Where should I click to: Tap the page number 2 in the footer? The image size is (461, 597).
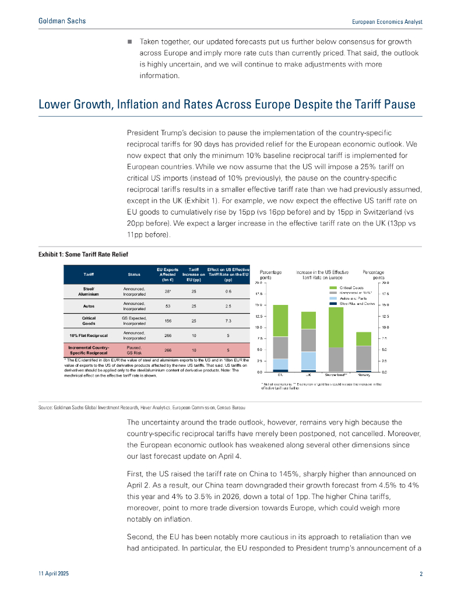pos(421,574)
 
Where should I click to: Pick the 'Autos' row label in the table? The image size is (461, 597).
pos(89,305)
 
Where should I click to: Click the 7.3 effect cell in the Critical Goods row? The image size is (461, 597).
pos(228,321)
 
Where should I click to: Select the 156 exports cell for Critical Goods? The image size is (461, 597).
pos(167,321)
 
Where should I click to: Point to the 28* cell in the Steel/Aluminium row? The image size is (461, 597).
pos(167,290)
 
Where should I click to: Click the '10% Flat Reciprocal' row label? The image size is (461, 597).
pos(89,335)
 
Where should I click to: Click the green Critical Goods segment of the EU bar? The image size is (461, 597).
pos(280,321)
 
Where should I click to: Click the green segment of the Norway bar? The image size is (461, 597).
pos(364,339)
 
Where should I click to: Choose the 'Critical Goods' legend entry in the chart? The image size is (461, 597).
pos(350,288)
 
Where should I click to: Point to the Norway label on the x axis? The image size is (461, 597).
pos(364,375)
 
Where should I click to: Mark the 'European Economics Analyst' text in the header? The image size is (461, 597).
pos(388,22)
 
